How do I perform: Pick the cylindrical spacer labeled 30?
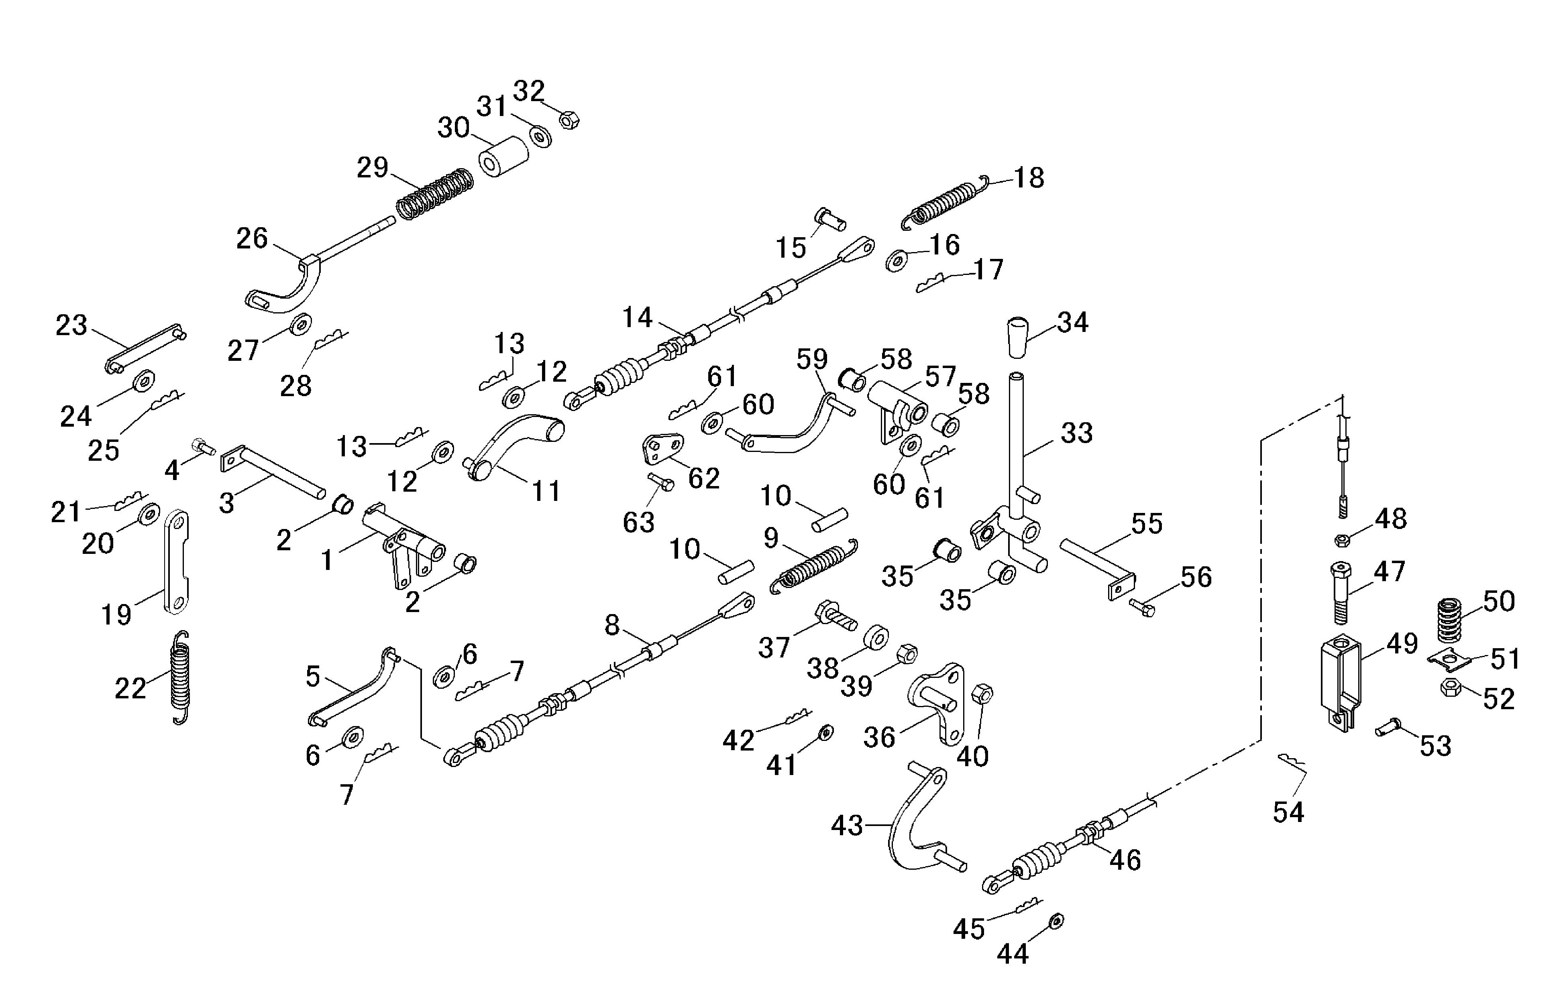coord(503,156)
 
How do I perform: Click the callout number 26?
coord(252,239)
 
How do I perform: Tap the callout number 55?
coord(1147,523)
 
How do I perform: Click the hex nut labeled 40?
coord(982,694)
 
